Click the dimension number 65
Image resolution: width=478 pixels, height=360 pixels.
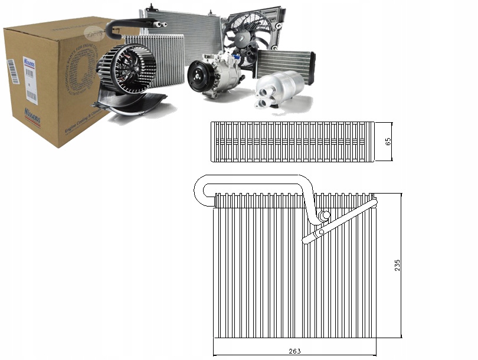coord(388,142)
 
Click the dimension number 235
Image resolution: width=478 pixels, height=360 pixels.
coord(397,266)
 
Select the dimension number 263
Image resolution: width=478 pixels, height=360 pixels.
coord(295,351)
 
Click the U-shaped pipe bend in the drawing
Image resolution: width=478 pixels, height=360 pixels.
coord(202,190)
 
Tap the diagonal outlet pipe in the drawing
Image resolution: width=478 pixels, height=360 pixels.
coord(339,222)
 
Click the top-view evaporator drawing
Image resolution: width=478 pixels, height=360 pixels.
coord(293,142)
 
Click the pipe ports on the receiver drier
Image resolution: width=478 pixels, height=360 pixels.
coord(264,101)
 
